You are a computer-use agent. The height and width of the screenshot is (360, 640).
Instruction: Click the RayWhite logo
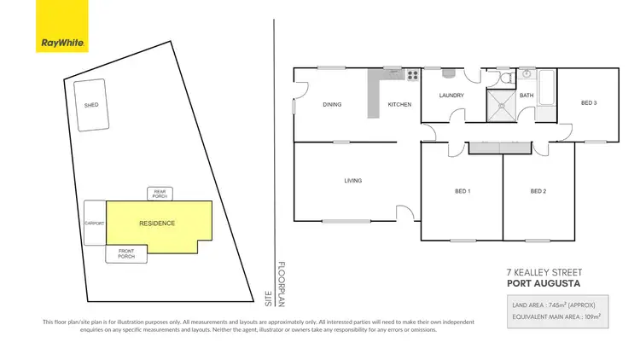pyautogui.click(x=64, y=26)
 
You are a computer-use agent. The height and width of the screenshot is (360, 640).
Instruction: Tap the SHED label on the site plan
pyautogui.click(x=90, y=105)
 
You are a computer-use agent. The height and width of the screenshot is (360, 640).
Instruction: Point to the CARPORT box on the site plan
pyautogui.click(x=94, y=224)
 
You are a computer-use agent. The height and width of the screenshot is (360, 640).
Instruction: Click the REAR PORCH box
pyautogui.click(x=160, y=194)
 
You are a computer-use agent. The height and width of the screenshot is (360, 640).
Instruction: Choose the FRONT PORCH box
pyautogui.click(x=125, y=253)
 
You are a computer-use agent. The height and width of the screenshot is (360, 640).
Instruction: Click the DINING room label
pyautogui.click(x=332, y=104)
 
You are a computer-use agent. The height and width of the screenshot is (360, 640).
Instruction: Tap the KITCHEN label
pyautogui.click(x=399, y=104)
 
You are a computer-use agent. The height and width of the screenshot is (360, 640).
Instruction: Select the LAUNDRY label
pyautogui.click(x=451, y=96)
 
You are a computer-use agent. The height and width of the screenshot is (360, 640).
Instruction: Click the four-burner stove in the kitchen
pyautogui.click(x=412, y=74)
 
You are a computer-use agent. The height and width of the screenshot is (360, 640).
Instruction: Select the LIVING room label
pyautogui.click(x=352, y=181)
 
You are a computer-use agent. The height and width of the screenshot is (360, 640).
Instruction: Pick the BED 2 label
pyautogui.click(x=538, y=191)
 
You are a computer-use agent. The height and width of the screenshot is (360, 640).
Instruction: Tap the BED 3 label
pyautogui.click(x=588, y=103)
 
